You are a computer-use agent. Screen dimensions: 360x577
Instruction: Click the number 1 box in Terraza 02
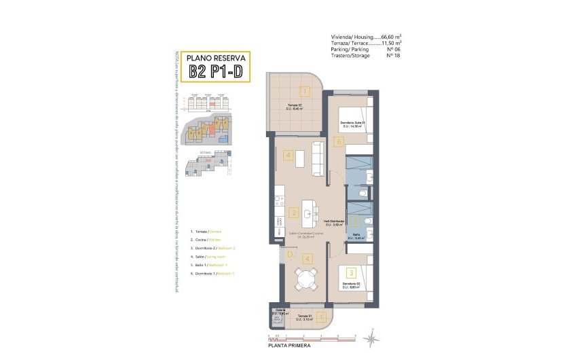(x=305, y=92)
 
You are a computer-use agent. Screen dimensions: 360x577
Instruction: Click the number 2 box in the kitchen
(x=293, y=213)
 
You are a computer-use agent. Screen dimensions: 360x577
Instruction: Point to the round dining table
(x=306, y=278)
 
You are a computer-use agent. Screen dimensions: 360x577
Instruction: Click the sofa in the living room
(x=317, y=158)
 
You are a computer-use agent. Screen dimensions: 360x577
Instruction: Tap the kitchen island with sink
(x=309, y=212)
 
